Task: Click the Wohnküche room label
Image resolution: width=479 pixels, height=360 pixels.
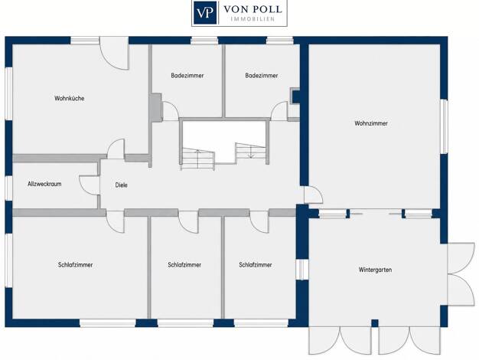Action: tap(70, 99)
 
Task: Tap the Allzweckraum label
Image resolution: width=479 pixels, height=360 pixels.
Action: tap(44, 184)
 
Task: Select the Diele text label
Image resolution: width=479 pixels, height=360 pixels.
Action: tap(121, 185)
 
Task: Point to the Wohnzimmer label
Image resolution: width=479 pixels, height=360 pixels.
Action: tap(371, 123)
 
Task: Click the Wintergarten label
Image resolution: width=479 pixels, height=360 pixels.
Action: tap(375, 270)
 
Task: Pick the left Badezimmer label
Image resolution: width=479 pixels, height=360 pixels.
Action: tap(187, 76)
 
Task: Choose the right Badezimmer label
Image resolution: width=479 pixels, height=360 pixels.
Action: tap(262, 76)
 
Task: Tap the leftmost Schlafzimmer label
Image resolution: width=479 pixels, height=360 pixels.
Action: tap(76, 265)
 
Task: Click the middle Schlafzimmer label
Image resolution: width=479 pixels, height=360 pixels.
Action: tap(184, 265)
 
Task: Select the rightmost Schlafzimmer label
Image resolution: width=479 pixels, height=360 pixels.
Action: tap(256, 265)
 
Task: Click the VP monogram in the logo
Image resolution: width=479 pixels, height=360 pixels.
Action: tap(205, 13)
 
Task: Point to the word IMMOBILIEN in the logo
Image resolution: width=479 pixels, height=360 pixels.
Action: tap(253, 19)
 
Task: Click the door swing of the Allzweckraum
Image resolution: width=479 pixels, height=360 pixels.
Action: tap(90, 185)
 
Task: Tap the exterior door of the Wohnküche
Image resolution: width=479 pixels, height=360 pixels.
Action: tap(115, 53)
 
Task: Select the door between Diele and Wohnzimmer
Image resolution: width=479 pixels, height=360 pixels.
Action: tap(314, 195)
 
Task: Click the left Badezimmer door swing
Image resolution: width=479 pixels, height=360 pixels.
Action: tap(171, 111)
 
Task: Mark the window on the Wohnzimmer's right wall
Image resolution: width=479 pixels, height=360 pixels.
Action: tap(445, 126)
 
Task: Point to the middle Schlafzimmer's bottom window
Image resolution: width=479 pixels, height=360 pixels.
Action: tap(185, 323)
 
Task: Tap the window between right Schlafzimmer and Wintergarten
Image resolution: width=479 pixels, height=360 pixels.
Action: tap(302, 270)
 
